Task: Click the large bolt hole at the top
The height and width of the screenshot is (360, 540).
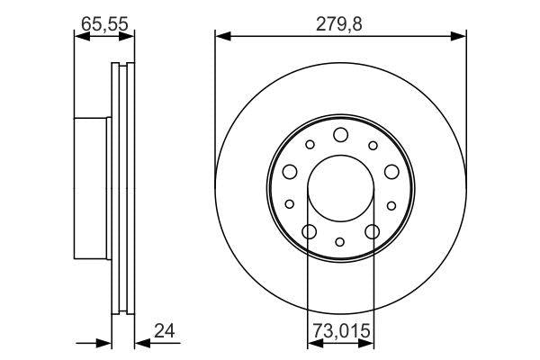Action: [340, 135]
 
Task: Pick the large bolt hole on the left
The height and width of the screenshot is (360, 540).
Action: [290, 172]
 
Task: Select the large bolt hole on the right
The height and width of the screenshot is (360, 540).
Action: [391, 172]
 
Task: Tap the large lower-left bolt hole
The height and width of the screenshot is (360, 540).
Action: [309, 231]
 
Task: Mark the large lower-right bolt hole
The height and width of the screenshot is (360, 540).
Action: [372, 231]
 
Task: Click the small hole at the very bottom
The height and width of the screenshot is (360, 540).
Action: [340, 241]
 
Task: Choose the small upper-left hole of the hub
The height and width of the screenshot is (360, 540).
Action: [309, 145]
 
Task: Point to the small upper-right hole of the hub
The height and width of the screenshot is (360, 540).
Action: [372, 145]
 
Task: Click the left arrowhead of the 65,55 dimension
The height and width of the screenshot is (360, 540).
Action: [78, 36]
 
